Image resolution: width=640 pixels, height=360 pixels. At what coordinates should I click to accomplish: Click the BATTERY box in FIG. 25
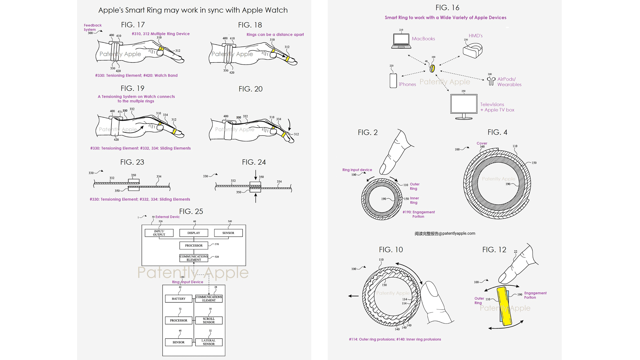[x=179, y=299]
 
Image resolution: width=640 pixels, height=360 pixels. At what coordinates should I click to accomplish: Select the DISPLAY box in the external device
[x=194, y=233]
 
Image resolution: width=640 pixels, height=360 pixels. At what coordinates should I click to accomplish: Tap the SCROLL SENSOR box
[x=209, y=320]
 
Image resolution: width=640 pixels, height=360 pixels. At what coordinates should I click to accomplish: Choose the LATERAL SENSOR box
[x=209, y=342]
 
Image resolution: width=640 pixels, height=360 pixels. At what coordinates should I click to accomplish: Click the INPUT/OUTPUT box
[x=159, y=233]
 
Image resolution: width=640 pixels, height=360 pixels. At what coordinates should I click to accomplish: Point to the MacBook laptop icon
[x=401, y=41]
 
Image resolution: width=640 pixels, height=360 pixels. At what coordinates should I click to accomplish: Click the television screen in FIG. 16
[x=464, y=104]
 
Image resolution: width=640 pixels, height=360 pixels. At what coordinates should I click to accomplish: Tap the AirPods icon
[x=491, y=81]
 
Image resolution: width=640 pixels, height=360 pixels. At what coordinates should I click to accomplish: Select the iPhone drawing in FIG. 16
[x=393, y=80]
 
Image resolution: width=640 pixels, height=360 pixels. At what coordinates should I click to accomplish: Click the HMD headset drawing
[x=472, y=50]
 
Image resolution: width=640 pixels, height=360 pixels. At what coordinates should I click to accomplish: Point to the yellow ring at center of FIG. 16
[x=432, y=68]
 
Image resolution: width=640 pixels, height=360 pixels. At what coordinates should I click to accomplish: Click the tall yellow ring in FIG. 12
[x=504, y=306]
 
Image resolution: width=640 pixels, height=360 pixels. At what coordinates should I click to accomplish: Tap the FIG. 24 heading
[x=254, y=162]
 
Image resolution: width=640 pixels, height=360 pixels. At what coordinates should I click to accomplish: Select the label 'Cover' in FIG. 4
[x=482, y=143]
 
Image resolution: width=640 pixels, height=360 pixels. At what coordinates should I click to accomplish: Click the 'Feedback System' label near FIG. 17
[x=92, y=27]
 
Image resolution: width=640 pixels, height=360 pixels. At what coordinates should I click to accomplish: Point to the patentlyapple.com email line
[x=445, y=233]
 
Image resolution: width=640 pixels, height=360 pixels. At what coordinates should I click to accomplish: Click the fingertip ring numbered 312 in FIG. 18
[x=287, y=59]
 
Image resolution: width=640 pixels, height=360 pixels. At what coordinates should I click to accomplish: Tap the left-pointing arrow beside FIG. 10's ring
[x=353, y=296]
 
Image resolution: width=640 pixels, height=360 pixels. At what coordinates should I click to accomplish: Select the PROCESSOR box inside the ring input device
[x=179, y=320]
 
